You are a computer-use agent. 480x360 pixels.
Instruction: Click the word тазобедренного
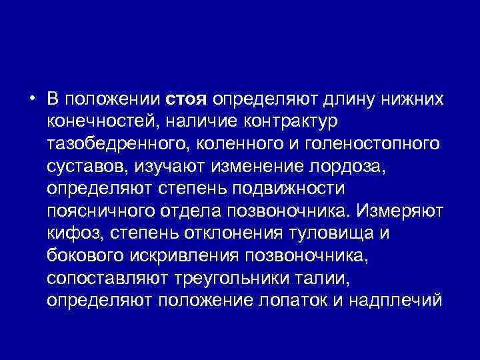[115, 145]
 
